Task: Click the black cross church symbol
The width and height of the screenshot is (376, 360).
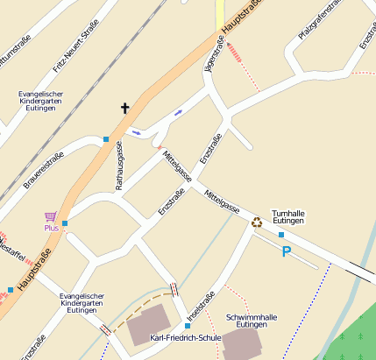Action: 124,109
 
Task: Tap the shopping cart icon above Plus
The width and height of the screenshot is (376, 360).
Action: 50,215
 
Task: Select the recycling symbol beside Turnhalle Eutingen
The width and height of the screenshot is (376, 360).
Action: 257,222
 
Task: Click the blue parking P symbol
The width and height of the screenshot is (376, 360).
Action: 286,252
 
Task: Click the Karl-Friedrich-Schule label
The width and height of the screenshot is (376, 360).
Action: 186,337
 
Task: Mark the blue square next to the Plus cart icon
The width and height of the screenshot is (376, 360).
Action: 65,223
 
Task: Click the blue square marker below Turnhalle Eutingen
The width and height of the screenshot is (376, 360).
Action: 281,235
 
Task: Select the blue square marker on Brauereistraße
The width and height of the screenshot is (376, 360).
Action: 106,139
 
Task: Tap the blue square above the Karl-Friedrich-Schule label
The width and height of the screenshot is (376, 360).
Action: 188,326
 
